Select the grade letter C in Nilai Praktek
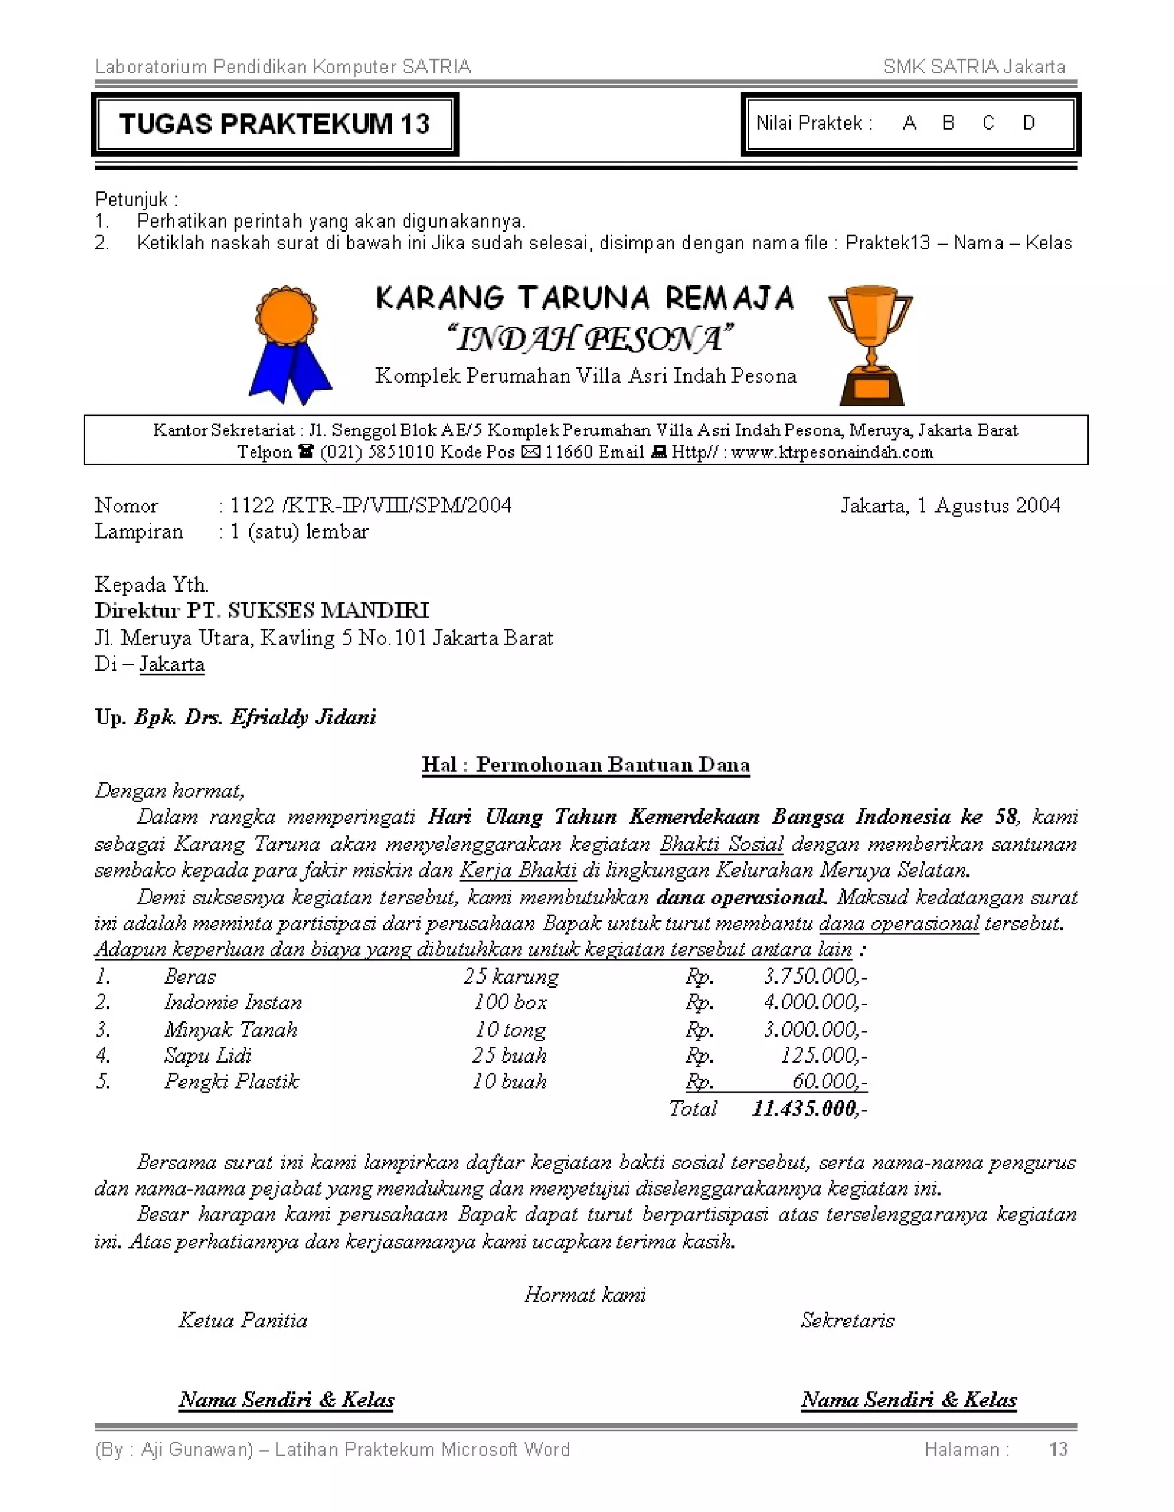click(988, 123)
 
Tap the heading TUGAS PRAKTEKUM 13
click(274, 124)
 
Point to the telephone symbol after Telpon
click(306, 452)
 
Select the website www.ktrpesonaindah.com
click(831, 453)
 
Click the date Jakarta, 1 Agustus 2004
click(950, 506)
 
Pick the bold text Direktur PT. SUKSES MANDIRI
click(261, 610)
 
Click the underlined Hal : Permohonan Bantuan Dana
click(586, 765)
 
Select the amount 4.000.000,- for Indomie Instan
click(815, 1002)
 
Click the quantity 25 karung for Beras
click(511, 976)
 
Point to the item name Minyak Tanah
click(230, 1029)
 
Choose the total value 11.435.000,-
click(808, 1108)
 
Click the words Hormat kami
click(585, 1295)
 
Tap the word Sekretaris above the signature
click(847, 1321)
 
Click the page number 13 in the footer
click(1058, 1450)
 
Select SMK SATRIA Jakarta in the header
click(973, 67)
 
